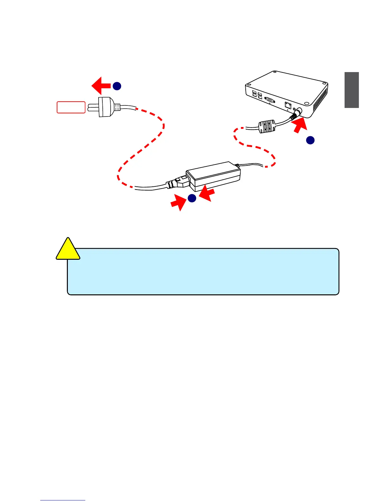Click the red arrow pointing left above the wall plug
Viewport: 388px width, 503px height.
tap(101, 85)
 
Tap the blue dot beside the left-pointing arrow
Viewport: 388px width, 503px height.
tap(117, 86)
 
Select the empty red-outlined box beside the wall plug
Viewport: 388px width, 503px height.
tap(71, 107)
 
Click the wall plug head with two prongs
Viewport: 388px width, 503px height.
tap(105, 107)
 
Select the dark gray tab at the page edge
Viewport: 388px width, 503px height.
tap(352, 90)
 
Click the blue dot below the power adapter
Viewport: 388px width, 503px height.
tap(192, 198)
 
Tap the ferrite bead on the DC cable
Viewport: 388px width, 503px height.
tap(267, 126)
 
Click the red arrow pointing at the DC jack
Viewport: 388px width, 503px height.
tap(300, 126)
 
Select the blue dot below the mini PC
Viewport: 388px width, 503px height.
tap(310, 140)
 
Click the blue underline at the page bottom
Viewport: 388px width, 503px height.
tap(63, 500)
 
